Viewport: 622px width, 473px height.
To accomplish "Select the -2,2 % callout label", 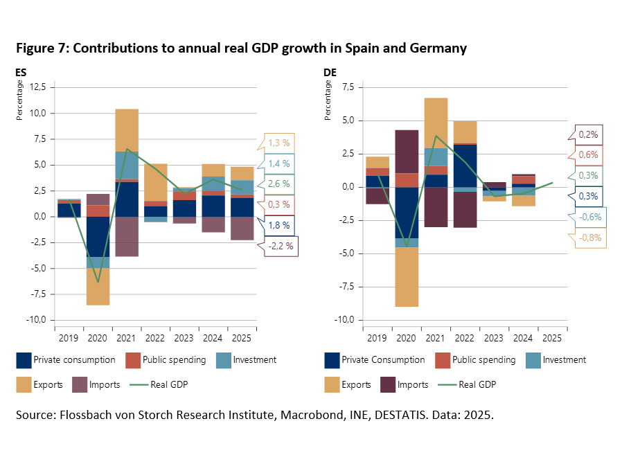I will click(281, 246).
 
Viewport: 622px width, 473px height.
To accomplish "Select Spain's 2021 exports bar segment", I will click(127, 130).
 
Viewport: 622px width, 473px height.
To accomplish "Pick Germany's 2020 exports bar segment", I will click(407, 276).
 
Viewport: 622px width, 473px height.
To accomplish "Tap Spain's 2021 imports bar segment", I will click(127, 236).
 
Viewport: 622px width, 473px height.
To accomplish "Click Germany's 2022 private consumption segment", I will click(465, 165).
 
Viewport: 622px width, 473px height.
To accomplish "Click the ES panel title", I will click(21, 71).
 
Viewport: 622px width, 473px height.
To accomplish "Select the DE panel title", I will click(330, 71).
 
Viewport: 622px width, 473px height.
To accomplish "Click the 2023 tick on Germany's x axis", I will click(494, 338).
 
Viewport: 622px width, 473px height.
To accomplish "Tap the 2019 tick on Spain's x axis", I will click(69, 338).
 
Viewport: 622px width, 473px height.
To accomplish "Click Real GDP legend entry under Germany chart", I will click(477, 384).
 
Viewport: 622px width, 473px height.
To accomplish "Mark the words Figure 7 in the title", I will click(41, 48).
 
